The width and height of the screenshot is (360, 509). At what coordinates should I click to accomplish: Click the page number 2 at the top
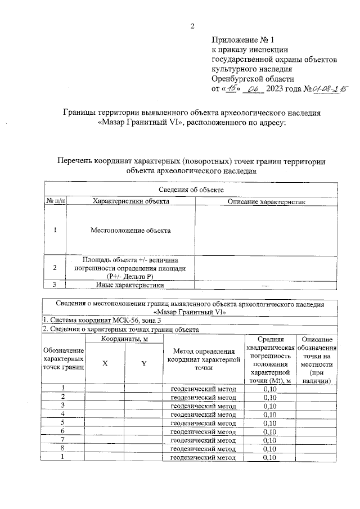(x=192, y=26)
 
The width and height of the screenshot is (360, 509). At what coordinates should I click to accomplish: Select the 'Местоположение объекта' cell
(x=130, y=230)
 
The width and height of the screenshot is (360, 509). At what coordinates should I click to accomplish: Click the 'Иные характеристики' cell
(x=130, y=285)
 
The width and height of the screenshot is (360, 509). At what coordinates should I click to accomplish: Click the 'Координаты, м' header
(x=124, y=339)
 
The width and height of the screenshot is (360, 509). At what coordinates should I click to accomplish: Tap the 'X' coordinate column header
(x=105, y=363)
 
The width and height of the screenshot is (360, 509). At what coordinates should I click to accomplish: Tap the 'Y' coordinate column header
(x=143, y=363)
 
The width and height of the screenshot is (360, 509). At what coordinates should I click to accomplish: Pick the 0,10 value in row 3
(x=270, y=406)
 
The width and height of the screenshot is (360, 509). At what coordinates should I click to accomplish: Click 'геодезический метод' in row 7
(x=203, y=440)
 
